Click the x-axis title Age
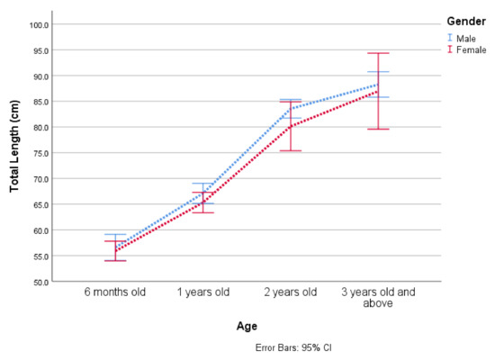coord(247,326)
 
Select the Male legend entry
coord(465,38)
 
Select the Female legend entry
coord(470,49)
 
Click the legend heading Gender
coord(464,21)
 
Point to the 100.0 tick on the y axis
coord(39,24)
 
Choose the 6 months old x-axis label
coord(115,292)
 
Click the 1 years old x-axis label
coord(202,292)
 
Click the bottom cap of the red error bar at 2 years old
coord(290,150)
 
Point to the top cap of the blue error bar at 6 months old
coord(115,234)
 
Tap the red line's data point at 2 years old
coord(290,126)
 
